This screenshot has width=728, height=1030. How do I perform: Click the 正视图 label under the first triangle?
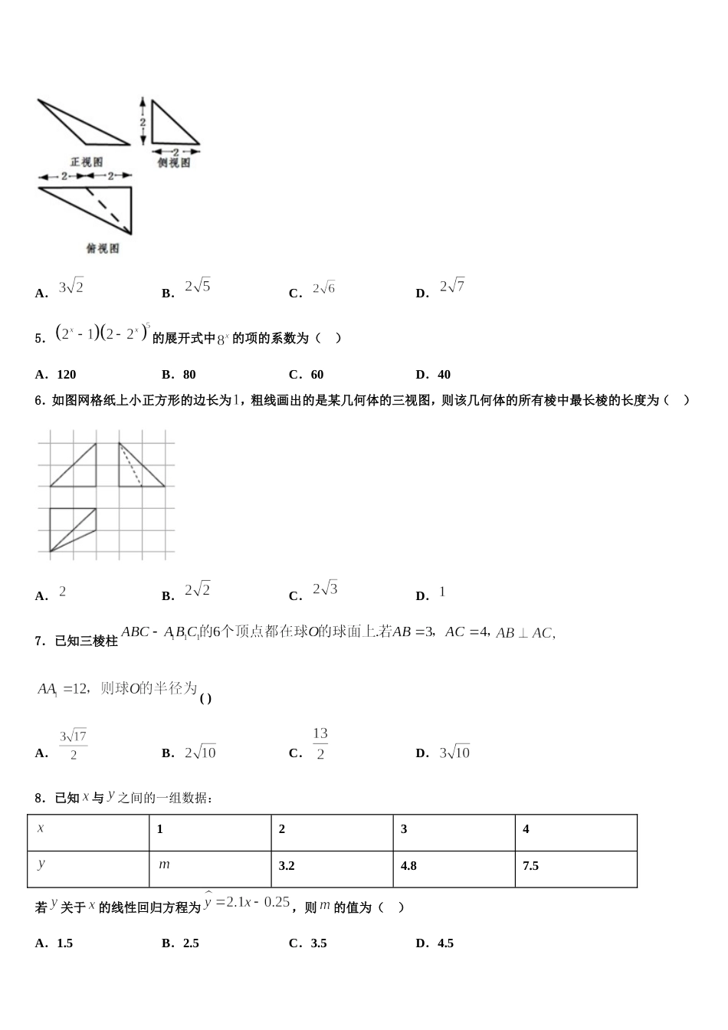tap(87, 162)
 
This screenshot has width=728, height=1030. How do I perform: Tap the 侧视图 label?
tap(173, 162)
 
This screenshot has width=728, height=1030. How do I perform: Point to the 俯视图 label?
tap(103, 248)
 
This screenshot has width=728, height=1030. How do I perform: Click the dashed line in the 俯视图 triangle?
tap(107, 208)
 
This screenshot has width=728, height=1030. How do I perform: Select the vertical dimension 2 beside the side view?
tap(143, 122)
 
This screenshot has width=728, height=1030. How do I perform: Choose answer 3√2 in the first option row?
tap(71, 288)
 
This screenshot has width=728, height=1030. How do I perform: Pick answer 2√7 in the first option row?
tap(452, 287)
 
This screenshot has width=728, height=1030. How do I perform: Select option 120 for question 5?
tap(66, 375)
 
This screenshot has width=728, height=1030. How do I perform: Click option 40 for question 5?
tap(444, 375)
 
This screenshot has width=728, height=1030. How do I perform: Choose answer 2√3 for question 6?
tap(325, 590)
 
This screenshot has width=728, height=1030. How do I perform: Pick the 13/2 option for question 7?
tap(320, 744)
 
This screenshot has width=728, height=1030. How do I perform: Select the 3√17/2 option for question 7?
tap(74, 745)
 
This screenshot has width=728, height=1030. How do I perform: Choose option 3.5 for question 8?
tap(319, 943)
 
